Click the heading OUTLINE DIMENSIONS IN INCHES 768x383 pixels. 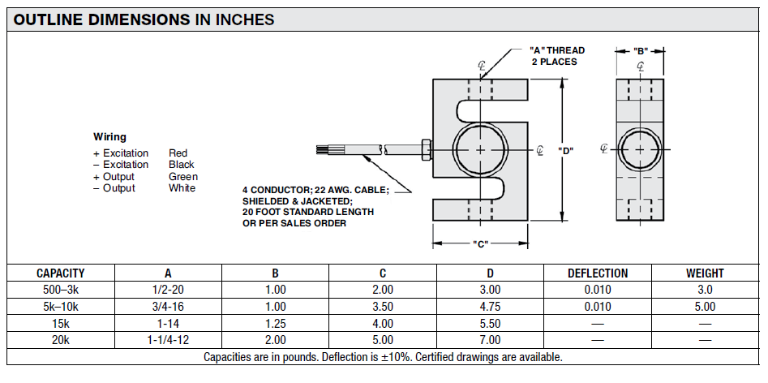click(144, 19)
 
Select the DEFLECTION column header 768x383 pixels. click(598, 273)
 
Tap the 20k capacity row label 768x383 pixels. click(61, 340)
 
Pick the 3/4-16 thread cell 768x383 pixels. click(168, 307)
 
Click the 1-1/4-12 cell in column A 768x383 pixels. click(168, 340)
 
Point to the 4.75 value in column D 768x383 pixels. click(491, 307)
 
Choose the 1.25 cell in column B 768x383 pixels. click(275, 323)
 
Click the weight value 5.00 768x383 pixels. click(705, 307)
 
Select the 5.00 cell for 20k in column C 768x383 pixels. click(383, 340)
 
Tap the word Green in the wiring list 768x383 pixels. click(183, 176)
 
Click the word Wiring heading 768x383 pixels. click(109, 136)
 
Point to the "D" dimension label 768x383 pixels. click(566, 150)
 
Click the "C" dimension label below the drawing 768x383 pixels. click(480, 243)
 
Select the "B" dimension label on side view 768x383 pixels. click(641, 50)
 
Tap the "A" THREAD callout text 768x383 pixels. click(557, 50)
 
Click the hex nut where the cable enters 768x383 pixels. click(426, 149)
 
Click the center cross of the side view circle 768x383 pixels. click(640, 149)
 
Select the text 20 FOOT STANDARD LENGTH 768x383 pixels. click(308, 212)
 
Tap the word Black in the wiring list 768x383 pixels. click(181, 165)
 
